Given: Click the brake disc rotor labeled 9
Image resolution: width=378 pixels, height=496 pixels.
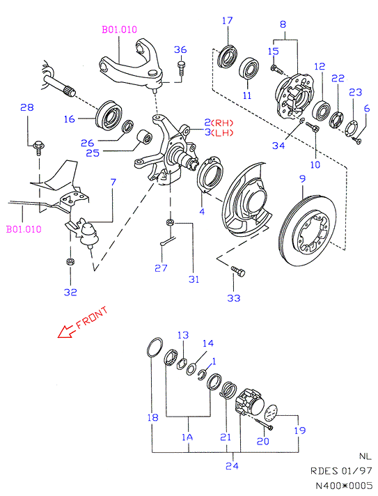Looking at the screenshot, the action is (308, 231).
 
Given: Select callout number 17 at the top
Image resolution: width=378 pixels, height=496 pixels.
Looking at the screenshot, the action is (227, 21).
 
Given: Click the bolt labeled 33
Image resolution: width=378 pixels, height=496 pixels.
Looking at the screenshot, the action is (238, 271).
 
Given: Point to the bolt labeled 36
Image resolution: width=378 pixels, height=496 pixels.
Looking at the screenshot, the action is (181, 68).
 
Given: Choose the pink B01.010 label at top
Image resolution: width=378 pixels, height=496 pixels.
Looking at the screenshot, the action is (119, 29).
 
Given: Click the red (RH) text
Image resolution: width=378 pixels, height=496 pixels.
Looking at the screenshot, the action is (222, 123).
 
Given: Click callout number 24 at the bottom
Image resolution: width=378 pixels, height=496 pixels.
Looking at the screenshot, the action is (232, 465).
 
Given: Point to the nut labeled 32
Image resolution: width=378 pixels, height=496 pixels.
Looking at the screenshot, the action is (70, 262).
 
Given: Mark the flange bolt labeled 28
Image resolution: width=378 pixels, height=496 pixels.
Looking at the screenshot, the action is (38, 148).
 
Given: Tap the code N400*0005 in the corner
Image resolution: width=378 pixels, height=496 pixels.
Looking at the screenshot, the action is (344, 485).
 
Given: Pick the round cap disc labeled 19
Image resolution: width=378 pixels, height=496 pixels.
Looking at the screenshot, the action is (271, 413).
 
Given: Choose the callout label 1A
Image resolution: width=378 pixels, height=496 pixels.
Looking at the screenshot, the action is (187, 437).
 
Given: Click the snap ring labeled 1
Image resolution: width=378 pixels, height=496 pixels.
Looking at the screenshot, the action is (202, 375).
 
